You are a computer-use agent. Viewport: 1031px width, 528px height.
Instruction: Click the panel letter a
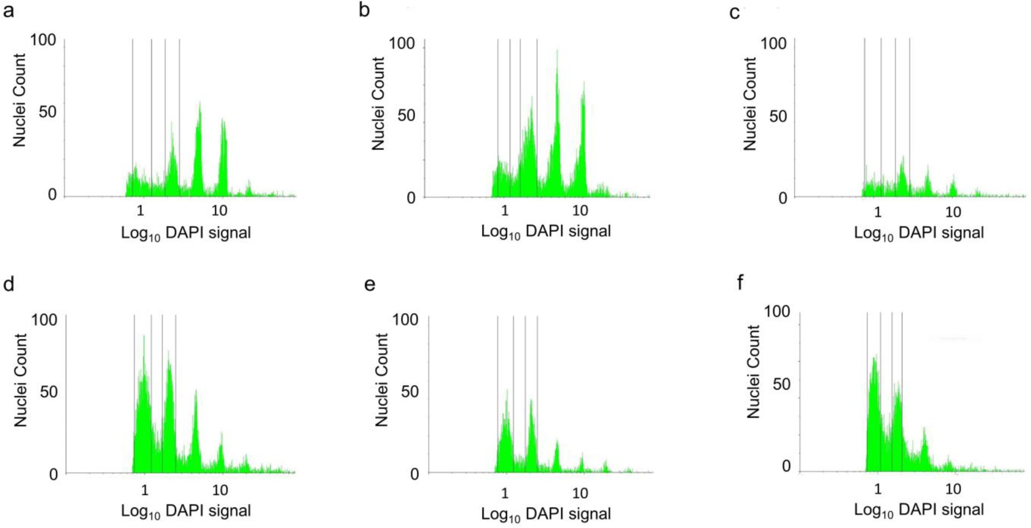click(x=8, y=10)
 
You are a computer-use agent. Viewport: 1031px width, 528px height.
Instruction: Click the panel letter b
click(x=364, y=10)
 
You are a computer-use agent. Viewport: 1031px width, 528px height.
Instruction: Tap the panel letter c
click(x=735, y=12)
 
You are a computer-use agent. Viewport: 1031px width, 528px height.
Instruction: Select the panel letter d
click(x=8, y=284)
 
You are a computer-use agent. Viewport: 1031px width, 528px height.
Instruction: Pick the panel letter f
click(x=740, y=283)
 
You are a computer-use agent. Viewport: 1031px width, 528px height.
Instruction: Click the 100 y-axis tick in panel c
click(x=773, y=43)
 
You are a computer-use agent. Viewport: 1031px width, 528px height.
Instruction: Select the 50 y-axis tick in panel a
click(x=47, y=112)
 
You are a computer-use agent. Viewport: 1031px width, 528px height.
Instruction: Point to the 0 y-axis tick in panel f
click(x=786, y=466)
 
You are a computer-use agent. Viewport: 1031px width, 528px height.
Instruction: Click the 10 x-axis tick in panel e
click(x=580, y=493)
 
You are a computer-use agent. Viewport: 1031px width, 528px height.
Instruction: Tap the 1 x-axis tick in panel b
click(x=504, y=210)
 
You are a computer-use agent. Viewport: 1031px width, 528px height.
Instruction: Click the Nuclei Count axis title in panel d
click(x=20, y=380)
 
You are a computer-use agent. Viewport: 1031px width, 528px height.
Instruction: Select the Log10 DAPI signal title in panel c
click(x=918, y=233)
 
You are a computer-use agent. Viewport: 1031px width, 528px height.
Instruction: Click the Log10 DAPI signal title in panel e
click(x=546, y=514)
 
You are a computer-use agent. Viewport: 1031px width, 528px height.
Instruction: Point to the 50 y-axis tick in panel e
click(x=409, y=391)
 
